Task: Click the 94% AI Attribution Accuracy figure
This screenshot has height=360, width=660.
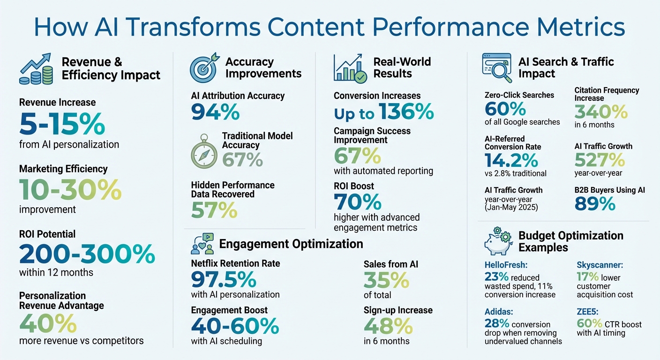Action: tap(215, 112)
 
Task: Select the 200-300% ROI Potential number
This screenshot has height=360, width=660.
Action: tap(87, 255)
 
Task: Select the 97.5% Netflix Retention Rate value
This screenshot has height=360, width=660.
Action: tap(224, 280)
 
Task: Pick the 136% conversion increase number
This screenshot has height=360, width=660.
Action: tap(406, 113)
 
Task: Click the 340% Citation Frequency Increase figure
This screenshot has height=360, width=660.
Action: tap(601, 112)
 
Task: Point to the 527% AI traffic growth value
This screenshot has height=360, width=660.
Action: tap(600, 160)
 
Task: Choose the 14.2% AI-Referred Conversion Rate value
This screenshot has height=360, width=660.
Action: tap(511, 161)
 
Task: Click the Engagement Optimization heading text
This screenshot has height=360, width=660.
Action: tap(291, 244)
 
